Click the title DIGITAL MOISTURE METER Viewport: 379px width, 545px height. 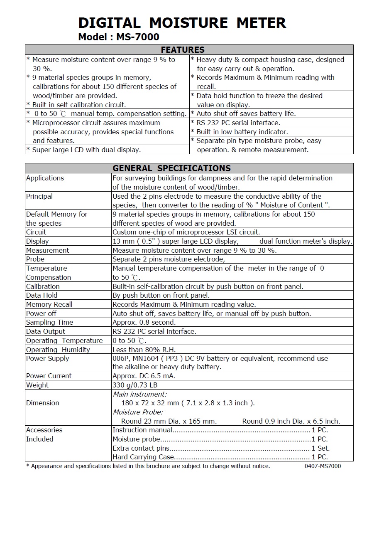coord(182,22)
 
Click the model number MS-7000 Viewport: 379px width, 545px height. coord(137,37)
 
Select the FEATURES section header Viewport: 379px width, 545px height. coord(183,50)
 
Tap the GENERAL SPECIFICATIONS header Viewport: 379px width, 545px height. coord(171,168)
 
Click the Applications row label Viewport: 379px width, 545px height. coord(45,178)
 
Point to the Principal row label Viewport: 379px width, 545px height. coord(39,196)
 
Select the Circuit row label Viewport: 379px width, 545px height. coord(36,232)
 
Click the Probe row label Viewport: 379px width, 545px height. coord(35,259)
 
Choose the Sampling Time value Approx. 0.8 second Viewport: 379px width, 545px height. coord(144,322)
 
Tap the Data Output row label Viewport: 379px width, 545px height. coord(46,331)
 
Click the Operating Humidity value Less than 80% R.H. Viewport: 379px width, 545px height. coord(144,350)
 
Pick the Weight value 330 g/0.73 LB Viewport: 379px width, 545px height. coord(135,385)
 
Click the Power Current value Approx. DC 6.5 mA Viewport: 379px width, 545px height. coord(144,376)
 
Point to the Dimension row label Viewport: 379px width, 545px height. coord(42,403)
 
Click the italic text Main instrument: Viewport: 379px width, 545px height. coord(139,394)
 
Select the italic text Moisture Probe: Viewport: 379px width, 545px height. coord(138,412)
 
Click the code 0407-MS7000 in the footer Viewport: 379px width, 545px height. coord(323,466)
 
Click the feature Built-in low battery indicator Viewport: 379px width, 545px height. coord(242,132)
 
